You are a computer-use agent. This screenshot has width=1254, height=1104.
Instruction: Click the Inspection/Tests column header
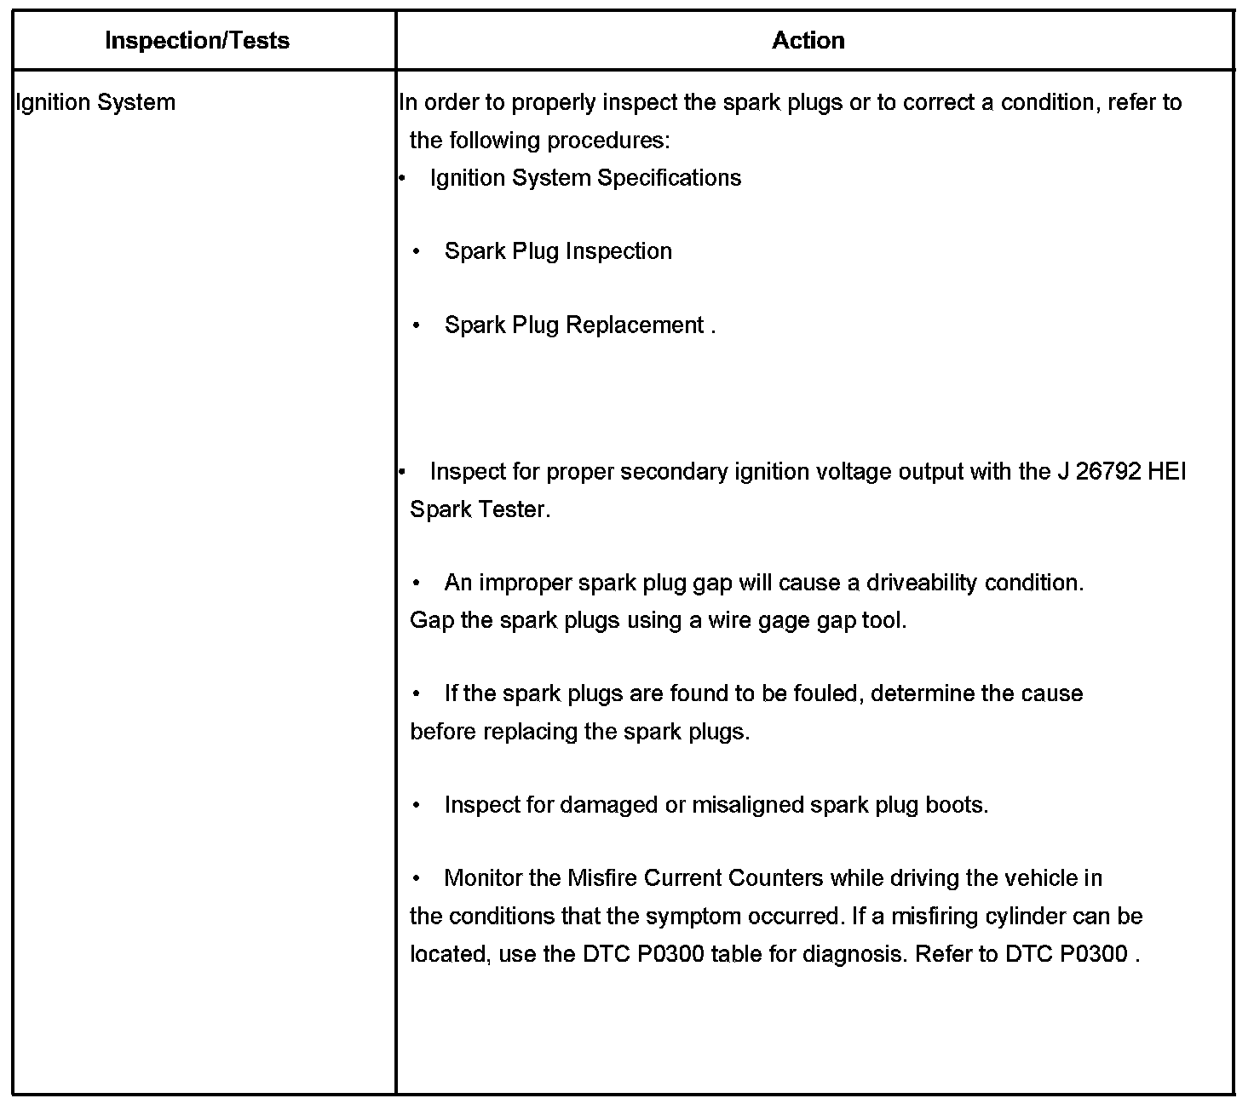point(197,41)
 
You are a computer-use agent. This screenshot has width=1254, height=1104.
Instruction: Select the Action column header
point(808,41)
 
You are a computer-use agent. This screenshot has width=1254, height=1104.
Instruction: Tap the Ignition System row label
point(96,102)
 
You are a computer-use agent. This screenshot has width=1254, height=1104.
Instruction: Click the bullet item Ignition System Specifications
point(585,178)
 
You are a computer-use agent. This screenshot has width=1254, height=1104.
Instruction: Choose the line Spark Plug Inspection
point(558,251)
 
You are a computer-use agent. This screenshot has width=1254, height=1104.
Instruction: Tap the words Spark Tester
point(479,509)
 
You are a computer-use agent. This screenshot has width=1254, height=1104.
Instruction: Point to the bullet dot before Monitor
point(417,878)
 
